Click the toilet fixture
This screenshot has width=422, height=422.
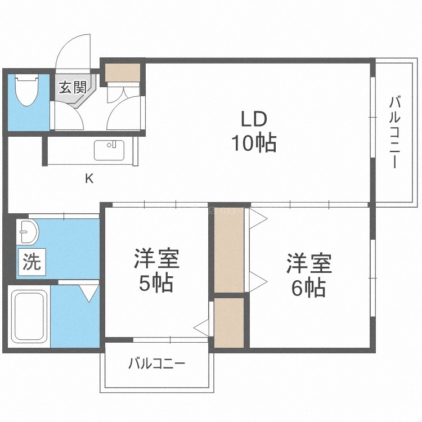[26, 90]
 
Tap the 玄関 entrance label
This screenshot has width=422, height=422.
[73, 87]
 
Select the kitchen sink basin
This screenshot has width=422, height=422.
[109, 150]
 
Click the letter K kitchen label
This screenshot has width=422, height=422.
[89, 178]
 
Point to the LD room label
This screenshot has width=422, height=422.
[254, 119]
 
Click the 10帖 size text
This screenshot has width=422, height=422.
[254, 143]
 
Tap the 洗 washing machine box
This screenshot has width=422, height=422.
[32, 262]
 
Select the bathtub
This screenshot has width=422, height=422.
[29, 316]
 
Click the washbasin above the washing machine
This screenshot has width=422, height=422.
[28, 232]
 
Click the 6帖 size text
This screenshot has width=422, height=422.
[309, 288]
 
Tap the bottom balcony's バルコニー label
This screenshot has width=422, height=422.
[156, 363]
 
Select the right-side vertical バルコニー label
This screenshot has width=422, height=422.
[394, 133]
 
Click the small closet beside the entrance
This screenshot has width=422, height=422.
[123, 72]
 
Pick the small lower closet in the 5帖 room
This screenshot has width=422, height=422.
[229, 322]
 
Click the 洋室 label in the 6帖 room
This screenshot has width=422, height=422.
[309, 263]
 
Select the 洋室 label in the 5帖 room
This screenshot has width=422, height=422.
[156, 259]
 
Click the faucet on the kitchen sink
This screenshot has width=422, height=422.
[114, 144]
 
